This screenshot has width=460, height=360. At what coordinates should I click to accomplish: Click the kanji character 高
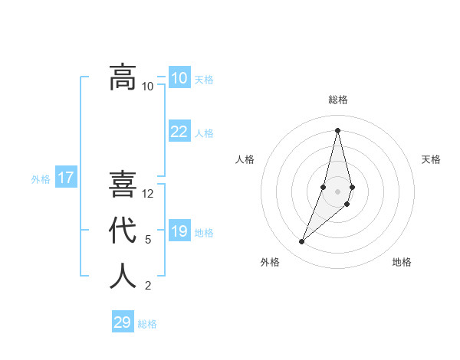tap(123, 77)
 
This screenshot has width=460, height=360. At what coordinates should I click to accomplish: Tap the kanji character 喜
tap(123, 185)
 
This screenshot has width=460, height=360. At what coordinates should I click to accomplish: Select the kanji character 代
tap(123, 231)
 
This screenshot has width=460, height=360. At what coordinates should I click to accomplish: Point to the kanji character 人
tap(123, 277)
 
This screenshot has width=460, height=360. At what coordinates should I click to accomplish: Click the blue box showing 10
tap(179, 77)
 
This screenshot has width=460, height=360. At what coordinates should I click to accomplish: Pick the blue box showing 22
tap(179, 132)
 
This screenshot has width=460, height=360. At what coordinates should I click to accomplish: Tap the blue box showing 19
tap(179, 231)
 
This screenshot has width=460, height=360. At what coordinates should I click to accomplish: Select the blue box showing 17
tap(65, 178)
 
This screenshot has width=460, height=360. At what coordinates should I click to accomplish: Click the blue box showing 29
tap(122, 322)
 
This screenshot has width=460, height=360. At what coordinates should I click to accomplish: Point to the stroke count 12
tap(148, 194)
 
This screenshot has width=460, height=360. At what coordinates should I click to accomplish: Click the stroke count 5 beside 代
tap(148, 240)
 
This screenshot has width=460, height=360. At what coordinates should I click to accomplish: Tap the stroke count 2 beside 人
tap(148, 286)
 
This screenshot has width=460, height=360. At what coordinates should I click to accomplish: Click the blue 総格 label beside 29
tap(147, 324)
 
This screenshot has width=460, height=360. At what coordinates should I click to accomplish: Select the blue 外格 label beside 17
tap(41, 179)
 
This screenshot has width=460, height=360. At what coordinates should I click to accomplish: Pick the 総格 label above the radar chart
tap(337, 100)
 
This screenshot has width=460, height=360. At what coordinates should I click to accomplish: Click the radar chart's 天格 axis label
tap(431, 159)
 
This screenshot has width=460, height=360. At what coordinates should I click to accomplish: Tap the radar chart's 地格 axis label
tap(402, 262)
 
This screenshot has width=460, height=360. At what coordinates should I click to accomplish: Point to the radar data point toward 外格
tap(301, 242)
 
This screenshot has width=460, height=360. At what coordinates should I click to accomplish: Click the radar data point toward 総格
tap(337, 130)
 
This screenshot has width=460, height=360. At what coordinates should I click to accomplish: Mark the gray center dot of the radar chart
tap(337, 191)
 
